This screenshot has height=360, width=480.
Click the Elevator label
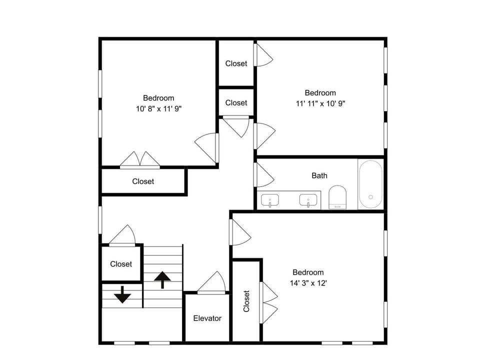(x=207, y=318)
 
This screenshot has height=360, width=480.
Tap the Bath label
(x=319, y=175)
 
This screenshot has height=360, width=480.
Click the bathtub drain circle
(x=370, y=197)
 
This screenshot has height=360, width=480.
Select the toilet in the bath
(x=337, y=197)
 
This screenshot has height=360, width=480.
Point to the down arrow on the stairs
(x=122, y=294)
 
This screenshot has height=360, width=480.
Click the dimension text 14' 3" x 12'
(x=308, y=283)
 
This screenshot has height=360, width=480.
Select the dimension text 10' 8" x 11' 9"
(x=159, y=108)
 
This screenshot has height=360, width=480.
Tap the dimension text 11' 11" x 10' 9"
(x=320, y=103)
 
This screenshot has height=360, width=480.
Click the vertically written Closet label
(x=246, y=301)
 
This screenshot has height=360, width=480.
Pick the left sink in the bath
(x=269, y=200)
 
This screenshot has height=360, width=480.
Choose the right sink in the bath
(x=308, y=200)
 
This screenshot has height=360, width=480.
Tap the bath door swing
(x=264, y=175)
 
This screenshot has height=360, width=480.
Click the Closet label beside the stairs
(x=121, y=264)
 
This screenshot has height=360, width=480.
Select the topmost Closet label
(x=236, y=63)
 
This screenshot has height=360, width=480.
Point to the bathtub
(x=370, y=184)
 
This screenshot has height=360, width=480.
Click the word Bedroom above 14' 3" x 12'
(x=308, y=272)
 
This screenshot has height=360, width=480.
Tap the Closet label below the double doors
(x=143, y=181)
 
